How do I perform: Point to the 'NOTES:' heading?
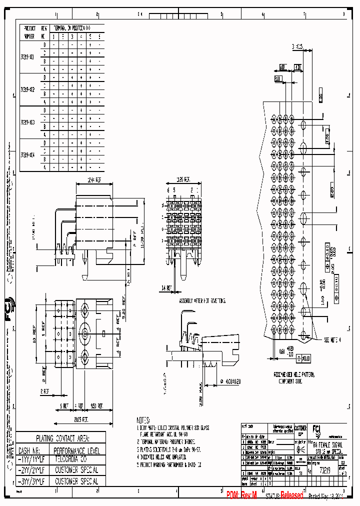(145, 420)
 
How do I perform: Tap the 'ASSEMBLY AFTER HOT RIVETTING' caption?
(202, 301)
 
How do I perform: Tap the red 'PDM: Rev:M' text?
(241, 495)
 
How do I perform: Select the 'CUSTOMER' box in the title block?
(300, 428)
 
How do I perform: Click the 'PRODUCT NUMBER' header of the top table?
(29, 33)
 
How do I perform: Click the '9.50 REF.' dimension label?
(97, 406)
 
